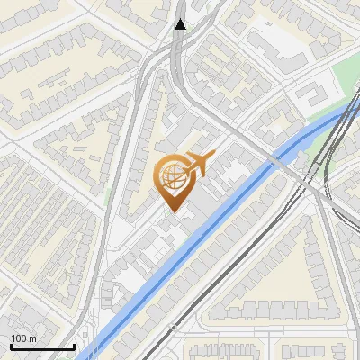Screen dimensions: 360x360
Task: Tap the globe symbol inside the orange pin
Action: click(175, 176)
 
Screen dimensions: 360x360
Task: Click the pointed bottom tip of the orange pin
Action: click(175, 212)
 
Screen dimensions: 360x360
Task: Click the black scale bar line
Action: click(41, 346)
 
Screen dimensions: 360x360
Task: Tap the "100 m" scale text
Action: click(23, 338)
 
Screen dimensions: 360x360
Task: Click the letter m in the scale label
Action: click(32, 338)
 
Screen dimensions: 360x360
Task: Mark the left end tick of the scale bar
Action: click(10, 345)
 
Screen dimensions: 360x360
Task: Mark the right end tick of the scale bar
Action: click(74, 345)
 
